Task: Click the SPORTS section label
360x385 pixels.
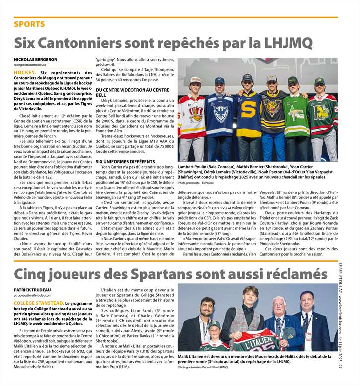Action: tap(29, 24)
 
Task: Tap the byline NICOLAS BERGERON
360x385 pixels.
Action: tap(35, 60)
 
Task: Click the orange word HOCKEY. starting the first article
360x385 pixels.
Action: tap(25, 73)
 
